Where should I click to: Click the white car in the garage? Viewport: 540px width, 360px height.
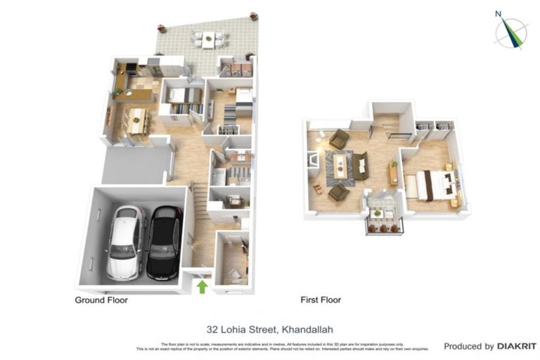124,241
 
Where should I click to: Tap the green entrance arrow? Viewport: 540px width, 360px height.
202,286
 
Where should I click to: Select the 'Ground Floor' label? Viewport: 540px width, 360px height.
101,300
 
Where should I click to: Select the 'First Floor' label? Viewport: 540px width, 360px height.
321,300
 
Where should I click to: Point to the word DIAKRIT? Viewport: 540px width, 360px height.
517,346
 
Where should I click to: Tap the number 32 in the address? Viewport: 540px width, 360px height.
213,328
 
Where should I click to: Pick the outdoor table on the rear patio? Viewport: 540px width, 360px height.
209,40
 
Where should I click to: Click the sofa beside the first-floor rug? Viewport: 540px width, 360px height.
361,166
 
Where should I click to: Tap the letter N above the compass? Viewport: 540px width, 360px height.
498,13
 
